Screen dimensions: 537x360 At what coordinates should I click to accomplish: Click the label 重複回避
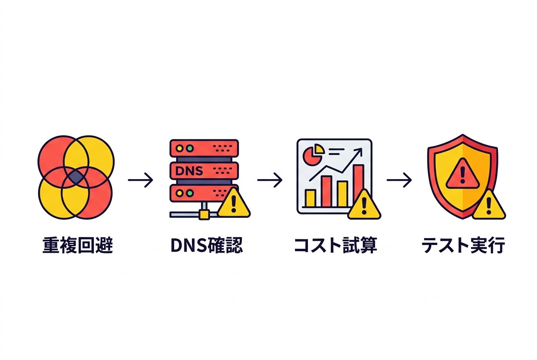tap(78, 245)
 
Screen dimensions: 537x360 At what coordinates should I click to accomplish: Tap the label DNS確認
tap(206, 245)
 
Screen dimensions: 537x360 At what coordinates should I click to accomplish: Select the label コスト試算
tap(335, 245)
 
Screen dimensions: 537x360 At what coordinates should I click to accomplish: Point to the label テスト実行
tap(463, 245)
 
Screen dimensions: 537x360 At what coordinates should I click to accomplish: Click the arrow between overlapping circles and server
tap(141, 180)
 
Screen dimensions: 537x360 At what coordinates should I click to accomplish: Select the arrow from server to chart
tap(270, 180)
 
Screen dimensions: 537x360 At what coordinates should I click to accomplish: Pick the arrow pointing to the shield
tap(399, 180)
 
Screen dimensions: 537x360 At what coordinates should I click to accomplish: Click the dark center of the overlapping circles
tap(76, 177)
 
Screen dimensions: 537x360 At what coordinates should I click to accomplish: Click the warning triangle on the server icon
tap(233, 204)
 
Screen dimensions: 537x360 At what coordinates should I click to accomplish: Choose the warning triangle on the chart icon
tap(364, 206)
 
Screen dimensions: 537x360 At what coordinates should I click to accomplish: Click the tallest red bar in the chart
tap(358, 185)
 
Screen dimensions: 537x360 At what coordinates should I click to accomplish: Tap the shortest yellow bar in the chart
tap(311, 198)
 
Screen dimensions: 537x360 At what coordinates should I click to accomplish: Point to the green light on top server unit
tap(189, 149)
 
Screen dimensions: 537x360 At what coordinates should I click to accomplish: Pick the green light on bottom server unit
tap(189, 193)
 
